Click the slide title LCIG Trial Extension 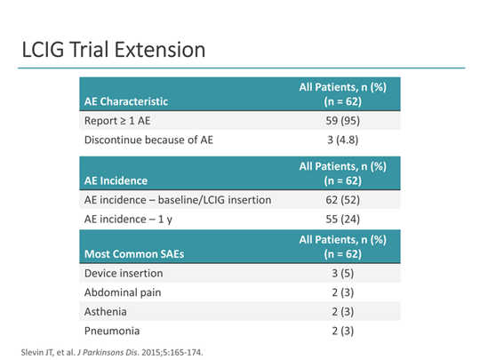coord(114,50)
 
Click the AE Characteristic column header coord(126,101)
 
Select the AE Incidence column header coord(116,180)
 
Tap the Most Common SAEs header coord(134,253)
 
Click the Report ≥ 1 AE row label coord(117,121)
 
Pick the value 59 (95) coord(342,121)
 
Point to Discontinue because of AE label coord(148,140)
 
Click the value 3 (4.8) coord(342,140)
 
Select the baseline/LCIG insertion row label coord(178,200)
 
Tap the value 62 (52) coord(342,200)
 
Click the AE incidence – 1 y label coord(128,220)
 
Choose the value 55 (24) coord(342,220)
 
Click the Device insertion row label coord(124,273)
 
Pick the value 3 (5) coord(342,273)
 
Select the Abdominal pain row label coord(123,292)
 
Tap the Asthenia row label coord(105,312)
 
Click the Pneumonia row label coord(112,331)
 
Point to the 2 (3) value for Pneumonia coord(342,331)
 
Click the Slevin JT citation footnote coord(112,352)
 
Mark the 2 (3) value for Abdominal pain coord(342,292)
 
